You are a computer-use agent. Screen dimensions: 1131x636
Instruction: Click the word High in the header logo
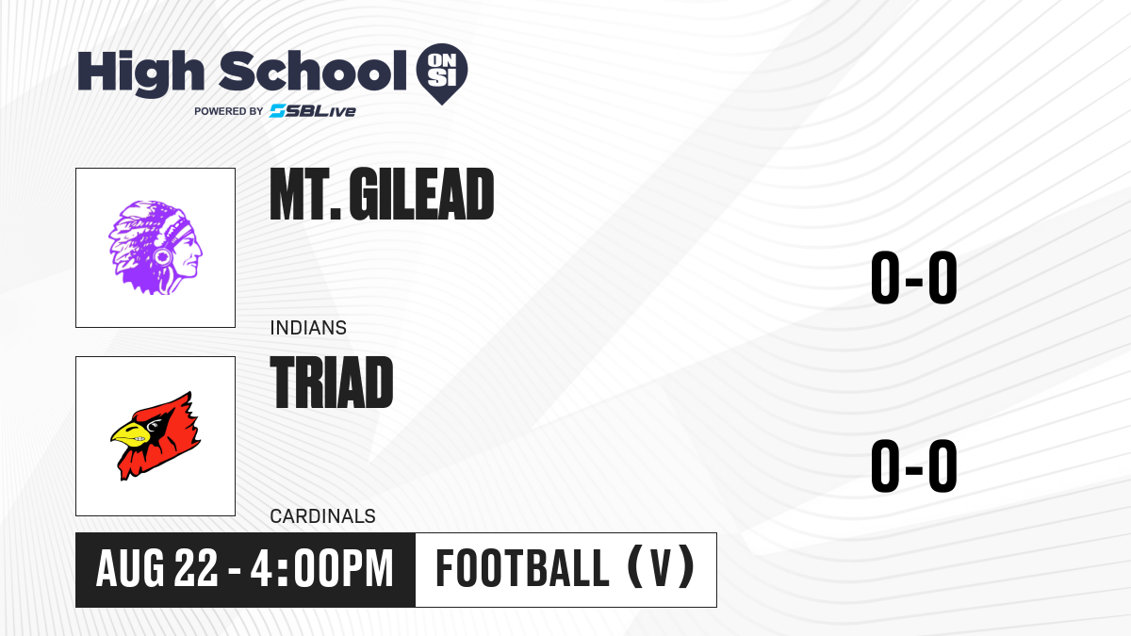point(140,73)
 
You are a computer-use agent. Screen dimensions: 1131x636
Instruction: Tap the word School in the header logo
point(313,71)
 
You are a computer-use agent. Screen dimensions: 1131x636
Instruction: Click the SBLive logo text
point(313,111)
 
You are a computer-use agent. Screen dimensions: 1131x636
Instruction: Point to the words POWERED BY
point(229,111)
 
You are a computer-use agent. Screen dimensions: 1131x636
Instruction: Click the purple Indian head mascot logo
point(156,247)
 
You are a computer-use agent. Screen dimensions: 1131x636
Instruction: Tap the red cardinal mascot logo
point(156,435)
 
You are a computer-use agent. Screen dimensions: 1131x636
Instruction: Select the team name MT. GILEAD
point(382,194)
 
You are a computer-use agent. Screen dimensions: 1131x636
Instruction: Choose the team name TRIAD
point(332,383)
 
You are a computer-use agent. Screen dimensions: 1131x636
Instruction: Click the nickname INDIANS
point(308,328)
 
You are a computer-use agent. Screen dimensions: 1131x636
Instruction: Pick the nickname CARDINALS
point(322,516)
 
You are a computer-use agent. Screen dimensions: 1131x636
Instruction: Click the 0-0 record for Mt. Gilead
point(914,277)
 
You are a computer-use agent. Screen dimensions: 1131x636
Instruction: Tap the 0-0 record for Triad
point(914,465)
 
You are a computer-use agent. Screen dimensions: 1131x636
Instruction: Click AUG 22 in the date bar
point(156,568)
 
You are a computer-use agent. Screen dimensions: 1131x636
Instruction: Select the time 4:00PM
point(322,568)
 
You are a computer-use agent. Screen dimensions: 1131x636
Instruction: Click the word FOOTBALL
point(522,568)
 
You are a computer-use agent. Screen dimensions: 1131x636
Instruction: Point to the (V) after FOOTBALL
point(661,567)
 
